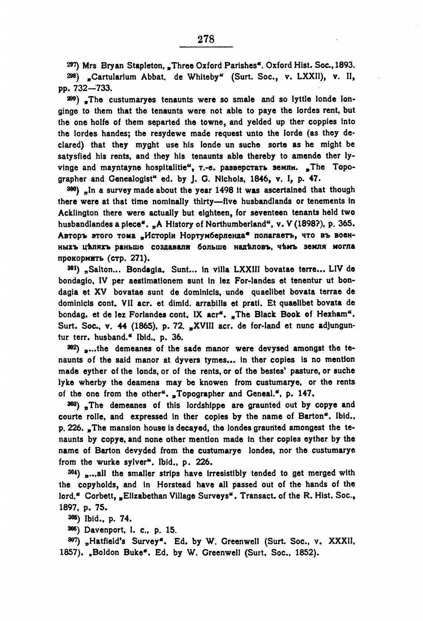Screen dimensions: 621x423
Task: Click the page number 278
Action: (x=206, y=39)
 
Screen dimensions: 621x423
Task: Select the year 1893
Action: (x=345, y=66)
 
